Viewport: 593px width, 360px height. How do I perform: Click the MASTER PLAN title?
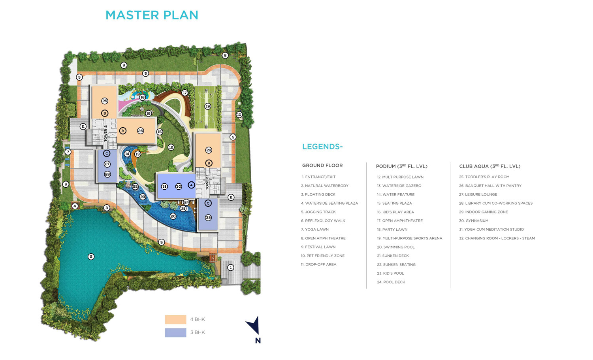click(x=152, y=15)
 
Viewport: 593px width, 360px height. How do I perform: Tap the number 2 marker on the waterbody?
click(x=91, y=256)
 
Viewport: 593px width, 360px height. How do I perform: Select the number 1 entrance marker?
click(x=231, y=268)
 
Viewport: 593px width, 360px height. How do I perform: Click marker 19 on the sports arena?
click(x=208, y=106)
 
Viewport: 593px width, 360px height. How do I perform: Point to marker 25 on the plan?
click(x=105, y=101)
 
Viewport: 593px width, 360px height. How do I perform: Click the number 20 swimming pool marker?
click(x=173, y=216)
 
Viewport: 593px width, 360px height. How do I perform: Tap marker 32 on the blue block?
click(x=208, y=218)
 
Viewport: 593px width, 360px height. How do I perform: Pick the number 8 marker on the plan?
click(x=225, y=55)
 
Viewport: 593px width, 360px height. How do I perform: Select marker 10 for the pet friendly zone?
click(x=239, y=115)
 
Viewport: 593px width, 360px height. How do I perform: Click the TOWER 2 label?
click(x=105, y=133)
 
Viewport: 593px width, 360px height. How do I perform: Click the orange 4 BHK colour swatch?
click(x=175, y=320)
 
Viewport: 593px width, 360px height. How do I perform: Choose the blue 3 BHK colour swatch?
click(x=175, y=332)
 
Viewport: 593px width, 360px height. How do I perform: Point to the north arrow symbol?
click(x=253, y=326)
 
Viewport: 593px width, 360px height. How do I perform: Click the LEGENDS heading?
click(x=322, y=147)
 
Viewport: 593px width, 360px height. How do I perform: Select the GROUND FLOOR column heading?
click(x=322, y=166)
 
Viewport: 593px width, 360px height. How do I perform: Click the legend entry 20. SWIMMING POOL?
click(x=396, y=247)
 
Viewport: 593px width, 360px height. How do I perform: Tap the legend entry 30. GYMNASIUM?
click(x=474, y=221)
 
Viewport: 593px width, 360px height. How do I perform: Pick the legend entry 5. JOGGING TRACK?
click(x=318, y=212)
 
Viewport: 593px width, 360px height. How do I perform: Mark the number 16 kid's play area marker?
click(x=143, y=97)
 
